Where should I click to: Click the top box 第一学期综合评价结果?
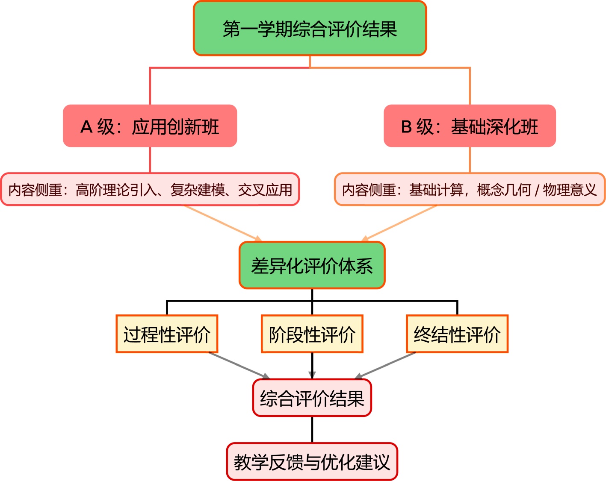[x=310, y=29]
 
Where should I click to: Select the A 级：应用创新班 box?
[x=150, y=126]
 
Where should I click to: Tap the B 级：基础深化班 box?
[x=470, y=126]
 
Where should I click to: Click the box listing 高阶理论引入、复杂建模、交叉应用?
[x=150, y=189]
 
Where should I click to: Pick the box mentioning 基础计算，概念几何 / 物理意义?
[x=470, y=189]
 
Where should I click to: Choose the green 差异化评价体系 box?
[x=312, y=265]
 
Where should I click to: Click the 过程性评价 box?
[x=167, y=334]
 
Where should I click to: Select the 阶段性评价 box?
[x=312, y=334]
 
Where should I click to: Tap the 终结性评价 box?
[x=457, y=334]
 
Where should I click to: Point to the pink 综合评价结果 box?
[x=312, y=398]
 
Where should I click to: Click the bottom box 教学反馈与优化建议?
[x=312, y=462]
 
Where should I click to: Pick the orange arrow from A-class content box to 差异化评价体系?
[x=222, y=223]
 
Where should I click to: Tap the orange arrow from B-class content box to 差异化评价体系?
[x=400, y=223]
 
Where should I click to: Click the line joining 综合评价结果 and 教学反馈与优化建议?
[x=312, y=429]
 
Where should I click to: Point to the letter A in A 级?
[x=86, y=127]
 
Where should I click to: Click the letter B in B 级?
[x=406, y=127]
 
